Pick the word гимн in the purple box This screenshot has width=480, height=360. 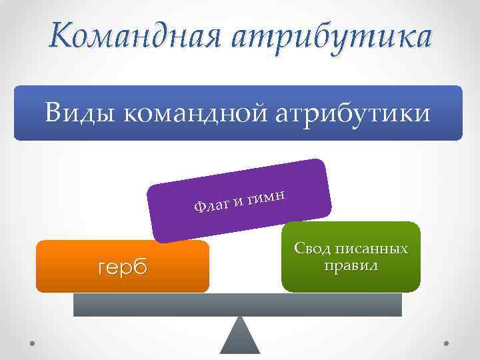pyautogui.click(x=267, y=195)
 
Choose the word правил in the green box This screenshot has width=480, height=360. pyautogui.click(x=351, y=265)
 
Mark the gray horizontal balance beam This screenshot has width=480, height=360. pyautogui.click(x=237, y=305)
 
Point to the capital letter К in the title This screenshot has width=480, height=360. pyautogui.click(x=59, y=33)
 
